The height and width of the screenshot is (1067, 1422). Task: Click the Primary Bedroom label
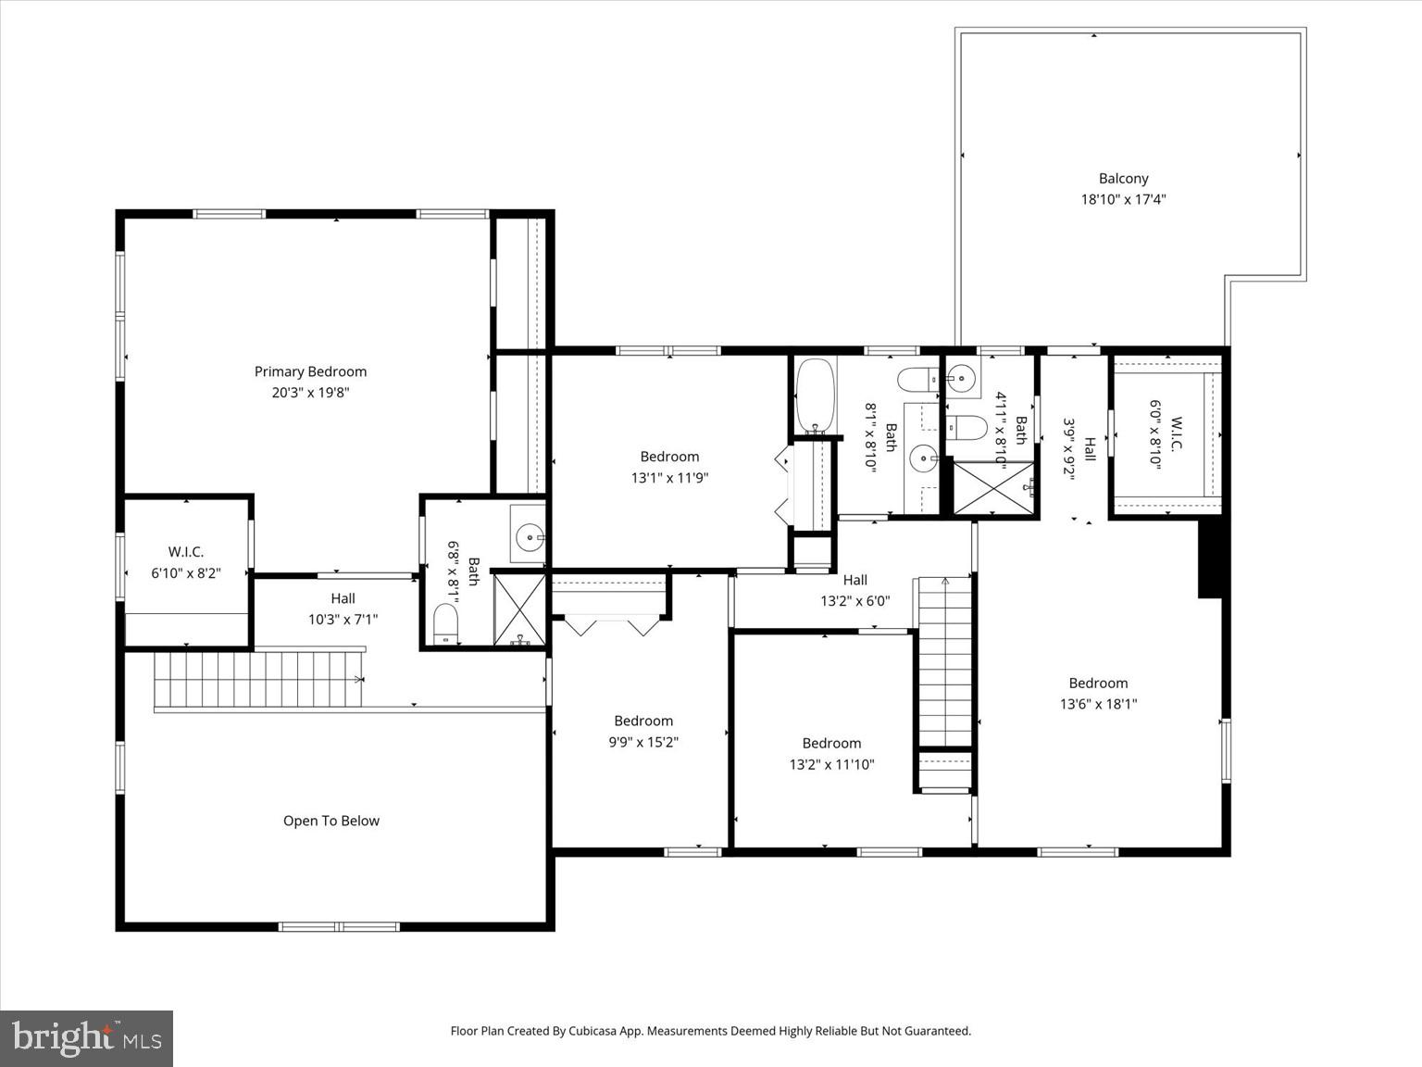coord(310,371)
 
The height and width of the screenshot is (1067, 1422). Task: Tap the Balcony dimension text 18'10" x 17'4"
coord(1123,199)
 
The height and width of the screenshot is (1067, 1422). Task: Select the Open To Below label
coord(331,821)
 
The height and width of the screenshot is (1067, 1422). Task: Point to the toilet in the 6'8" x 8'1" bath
coord(446,622)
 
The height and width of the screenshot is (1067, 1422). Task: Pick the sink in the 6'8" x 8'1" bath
coord(530,535)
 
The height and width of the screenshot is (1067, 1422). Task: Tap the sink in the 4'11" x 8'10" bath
coord(962,379)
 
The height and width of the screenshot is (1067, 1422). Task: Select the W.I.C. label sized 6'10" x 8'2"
coord(186,552)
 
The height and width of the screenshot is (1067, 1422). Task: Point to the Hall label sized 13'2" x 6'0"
coord(854,580)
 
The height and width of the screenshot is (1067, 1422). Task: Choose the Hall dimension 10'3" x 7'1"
coord(343,620)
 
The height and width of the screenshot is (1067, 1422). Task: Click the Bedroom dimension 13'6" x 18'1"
coord(1098,704)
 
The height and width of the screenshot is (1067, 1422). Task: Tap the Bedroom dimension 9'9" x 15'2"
coord(643,742)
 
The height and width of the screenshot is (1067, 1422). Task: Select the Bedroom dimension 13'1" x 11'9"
coord(669,478)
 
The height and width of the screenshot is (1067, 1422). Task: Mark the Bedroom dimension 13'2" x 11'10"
coord(831,764)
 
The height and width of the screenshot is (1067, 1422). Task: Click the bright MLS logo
coord(86,1037)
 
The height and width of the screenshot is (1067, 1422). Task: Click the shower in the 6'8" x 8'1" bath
coord(519,609)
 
